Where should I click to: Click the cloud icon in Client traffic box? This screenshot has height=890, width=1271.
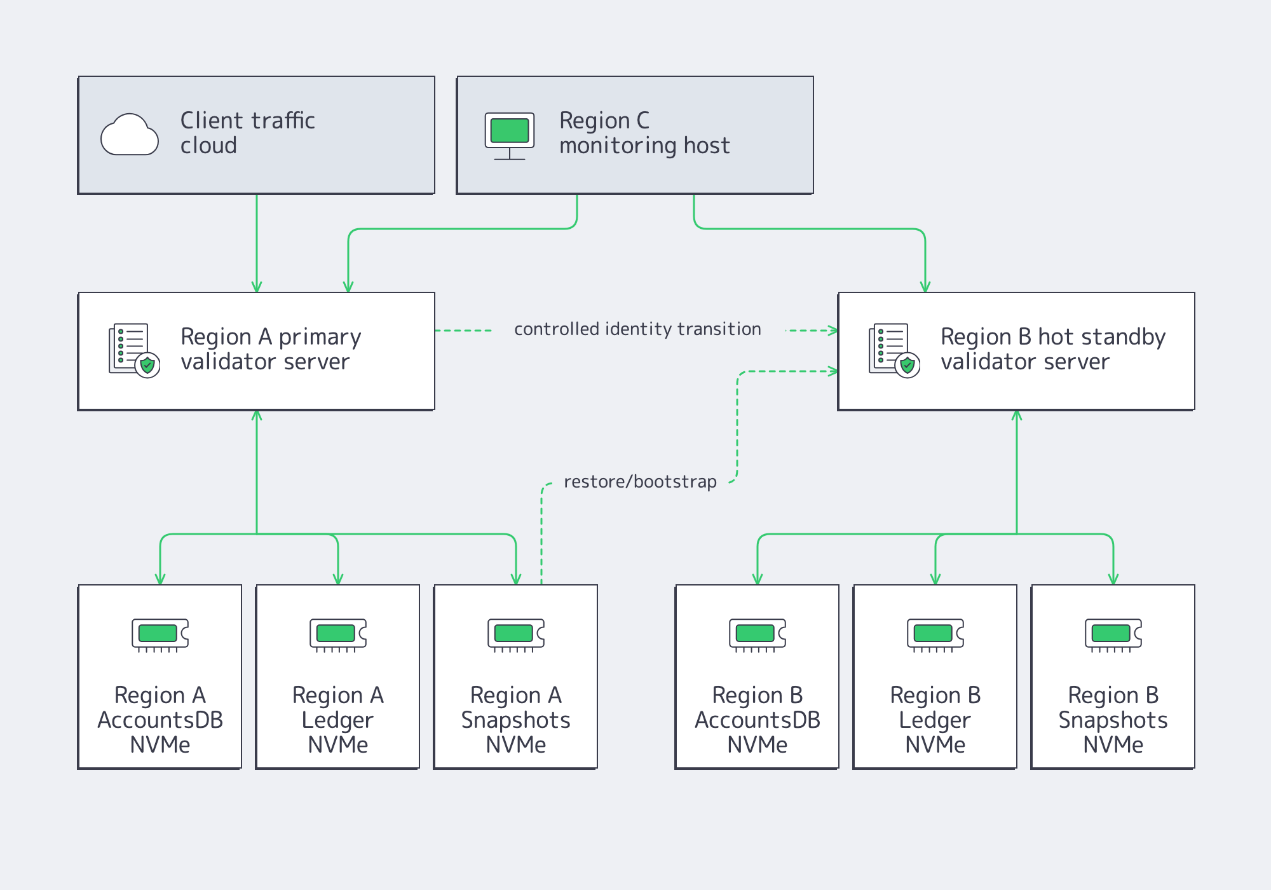pos(130,135)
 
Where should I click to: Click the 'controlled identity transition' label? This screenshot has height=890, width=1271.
pos(637,329)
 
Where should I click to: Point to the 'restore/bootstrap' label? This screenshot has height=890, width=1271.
pos(640,482)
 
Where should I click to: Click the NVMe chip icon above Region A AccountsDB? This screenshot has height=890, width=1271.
pos(160,634)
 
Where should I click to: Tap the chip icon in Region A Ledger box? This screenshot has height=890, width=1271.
pos(338,634)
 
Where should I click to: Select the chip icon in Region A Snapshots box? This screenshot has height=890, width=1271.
pos(516,634)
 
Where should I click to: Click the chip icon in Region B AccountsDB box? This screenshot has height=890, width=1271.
pos(758,634)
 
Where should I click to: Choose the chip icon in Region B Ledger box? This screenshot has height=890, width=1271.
pos(935,634)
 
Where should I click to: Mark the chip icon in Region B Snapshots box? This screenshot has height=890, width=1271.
pos(1113,634)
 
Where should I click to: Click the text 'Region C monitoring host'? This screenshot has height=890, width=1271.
pos(644,133)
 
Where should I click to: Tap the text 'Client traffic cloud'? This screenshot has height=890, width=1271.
pos(247,133)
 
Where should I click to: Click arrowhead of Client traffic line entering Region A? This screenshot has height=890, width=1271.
pos(257,287)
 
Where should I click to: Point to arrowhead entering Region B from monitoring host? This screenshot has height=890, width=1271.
pos(925,287)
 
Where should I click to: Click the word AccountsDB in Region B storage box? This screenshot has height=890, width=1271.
pos(758,720)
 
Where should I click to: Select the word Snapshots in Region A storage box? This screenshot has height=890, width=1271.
pos(516,720)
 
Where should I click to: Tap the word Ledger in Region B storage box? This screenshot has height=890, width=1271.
pos(935,720)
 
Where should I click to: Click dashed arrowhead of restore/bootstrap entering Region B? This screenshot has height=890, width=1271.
pos(833,371)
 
